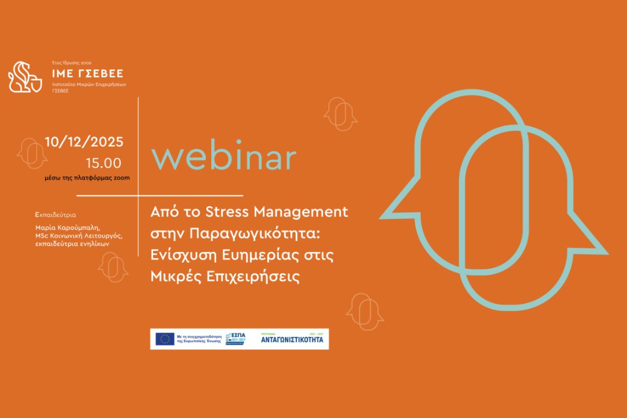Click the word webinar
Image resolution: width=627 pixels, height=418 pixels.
(224, 158)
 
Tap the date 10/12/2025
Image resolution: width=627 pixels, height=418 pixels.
(84, 142)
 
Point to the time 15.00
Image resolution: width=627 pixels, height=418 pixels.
(103, 163)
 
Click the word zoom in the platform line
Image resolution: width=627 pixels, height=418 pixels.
(122, 178)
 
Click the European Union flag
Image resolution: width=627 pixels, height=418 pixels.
(164, 339)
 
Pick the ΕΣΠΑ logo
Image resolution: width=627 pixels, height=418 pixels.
(236, 339)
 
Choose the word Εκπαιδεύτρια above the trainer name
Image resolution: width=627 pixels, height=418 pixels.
(56, 215)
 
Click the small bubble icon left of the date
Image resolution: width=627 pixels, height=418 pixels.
(32, 153)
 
